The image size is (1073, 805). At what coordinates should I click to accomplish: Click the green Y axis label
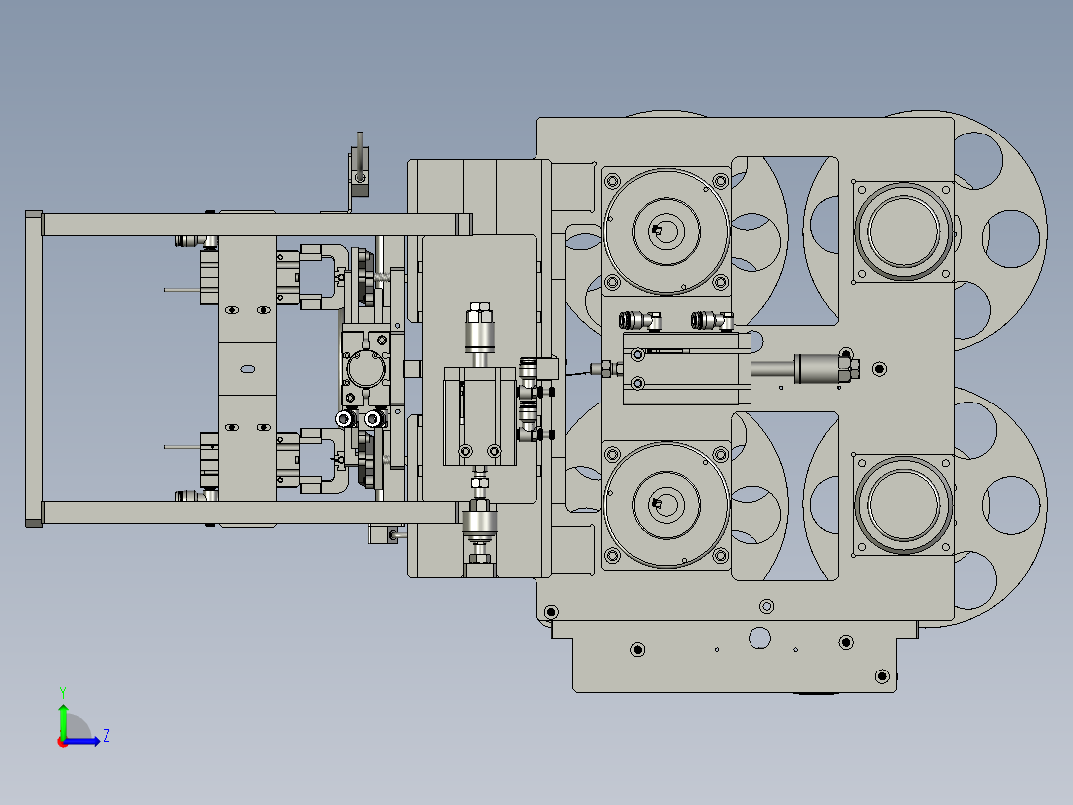tap(62, 691)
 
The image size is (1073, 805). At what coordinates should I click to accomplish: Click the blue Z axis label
tap(106, 736)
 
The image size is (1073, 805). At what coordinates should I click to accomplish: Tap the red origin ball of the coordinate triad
tap(63, 741)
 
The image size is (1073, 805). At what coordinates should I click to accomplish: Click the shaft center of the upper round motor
tap(661, 231)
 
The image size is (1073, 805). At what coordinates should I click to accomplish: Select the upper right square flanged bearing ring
tap(901, 230)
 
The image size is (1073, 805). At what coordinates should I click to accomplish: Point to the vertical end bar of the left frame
tap(33, 370)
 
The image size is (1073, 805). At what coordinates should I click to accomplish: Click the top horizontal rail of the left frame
tap(249, 224)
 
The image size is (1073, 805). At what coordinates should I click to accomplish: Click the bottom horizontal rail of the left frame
tap(249, 513)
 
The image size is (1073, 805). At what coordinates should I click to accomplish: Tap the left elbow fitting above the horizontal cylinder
tap(638, 321)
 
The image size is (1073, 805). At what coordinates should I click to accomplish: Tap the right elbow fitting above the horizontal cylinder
tap(710, 321)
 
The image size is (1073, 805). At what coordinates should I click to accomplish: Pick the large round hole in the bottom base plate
tap(759, 637)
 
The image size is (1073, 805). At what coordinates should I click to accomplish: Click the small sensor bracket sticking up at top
tap(359, 164)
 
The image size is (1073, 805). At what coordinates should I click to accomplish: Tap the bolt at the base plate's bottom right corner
tap(881, 677)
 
